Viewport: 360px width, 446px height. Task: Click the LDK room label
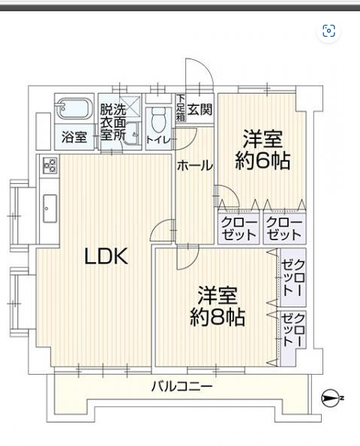[x=106, y=256]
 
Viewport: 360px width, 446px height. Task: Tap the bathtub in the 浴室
[x=74, y=108]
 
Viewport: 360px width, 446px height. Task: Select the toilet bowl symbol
[x=159, y=119]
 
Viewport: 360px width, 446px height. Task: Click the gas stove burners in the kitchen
[x=49, y=165]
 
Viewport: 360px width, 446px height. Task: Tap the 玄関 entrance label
[x=199, y=109]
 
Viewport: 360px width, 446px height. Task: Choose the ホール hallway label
[x=195, y=166]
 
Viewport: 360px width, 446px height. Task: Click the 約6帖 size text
[x=262, y=161]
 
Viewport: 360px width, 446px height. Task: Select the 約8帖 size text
[x=217, y=317]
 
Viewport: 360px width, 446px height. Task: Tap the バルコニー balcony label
[x=181, y=387]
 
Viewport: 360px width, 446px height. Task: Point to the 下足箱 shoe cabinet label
[x=180, y=108]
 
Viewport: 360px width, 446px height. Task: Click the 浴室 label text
[x=74, y=137]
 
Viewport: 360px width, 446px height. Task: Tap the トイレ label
[x=158, y=140]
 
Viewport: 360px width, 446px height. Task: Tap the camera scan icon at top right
[x=328, y=31]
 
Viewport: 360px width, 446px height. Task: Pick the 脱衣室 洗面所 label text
[x=112, y=122]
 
